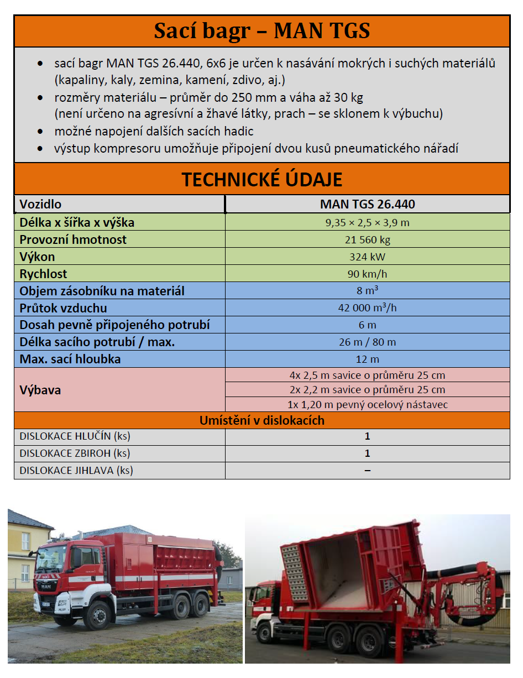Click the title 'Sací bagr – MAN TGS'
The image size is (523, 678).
[x=261, y=31]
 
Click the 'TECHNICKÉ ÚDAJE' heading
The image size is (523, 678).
[x=261, y=179]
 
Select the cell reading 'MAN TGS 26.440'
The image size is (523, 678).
[x=367, y=204]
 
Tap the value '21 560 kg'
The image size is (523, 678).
[x=367, y=240]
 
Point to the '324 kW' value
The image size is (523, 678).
[x=367, y=257]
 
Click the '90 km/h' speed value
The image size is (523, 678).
[x=367, y=274]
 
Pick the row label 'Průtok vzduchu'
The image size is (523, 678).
[x=64, y=308]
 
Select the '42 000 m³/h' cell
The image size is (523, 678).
[x=367, y=308]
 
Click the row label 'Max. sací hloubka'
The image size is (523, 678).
[x=70, y=359]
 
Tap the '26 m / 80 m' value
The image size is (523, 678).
[x=367, y=342]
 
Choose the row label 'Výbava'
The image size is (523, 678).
[x=40, y=390]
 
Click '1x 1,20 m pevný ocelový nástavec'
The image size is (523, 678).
[x=367, y=404]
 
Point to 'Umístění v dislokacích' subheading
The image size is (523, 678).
[x=261, y=420]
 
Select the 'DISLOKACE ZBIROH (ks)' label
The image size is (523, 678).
[x=75, y=453]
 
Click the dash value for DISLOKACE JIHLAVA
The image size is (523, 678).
[x=367, y=471]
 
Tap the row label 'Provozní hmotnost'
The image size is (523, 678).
[x=73, y=240]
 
